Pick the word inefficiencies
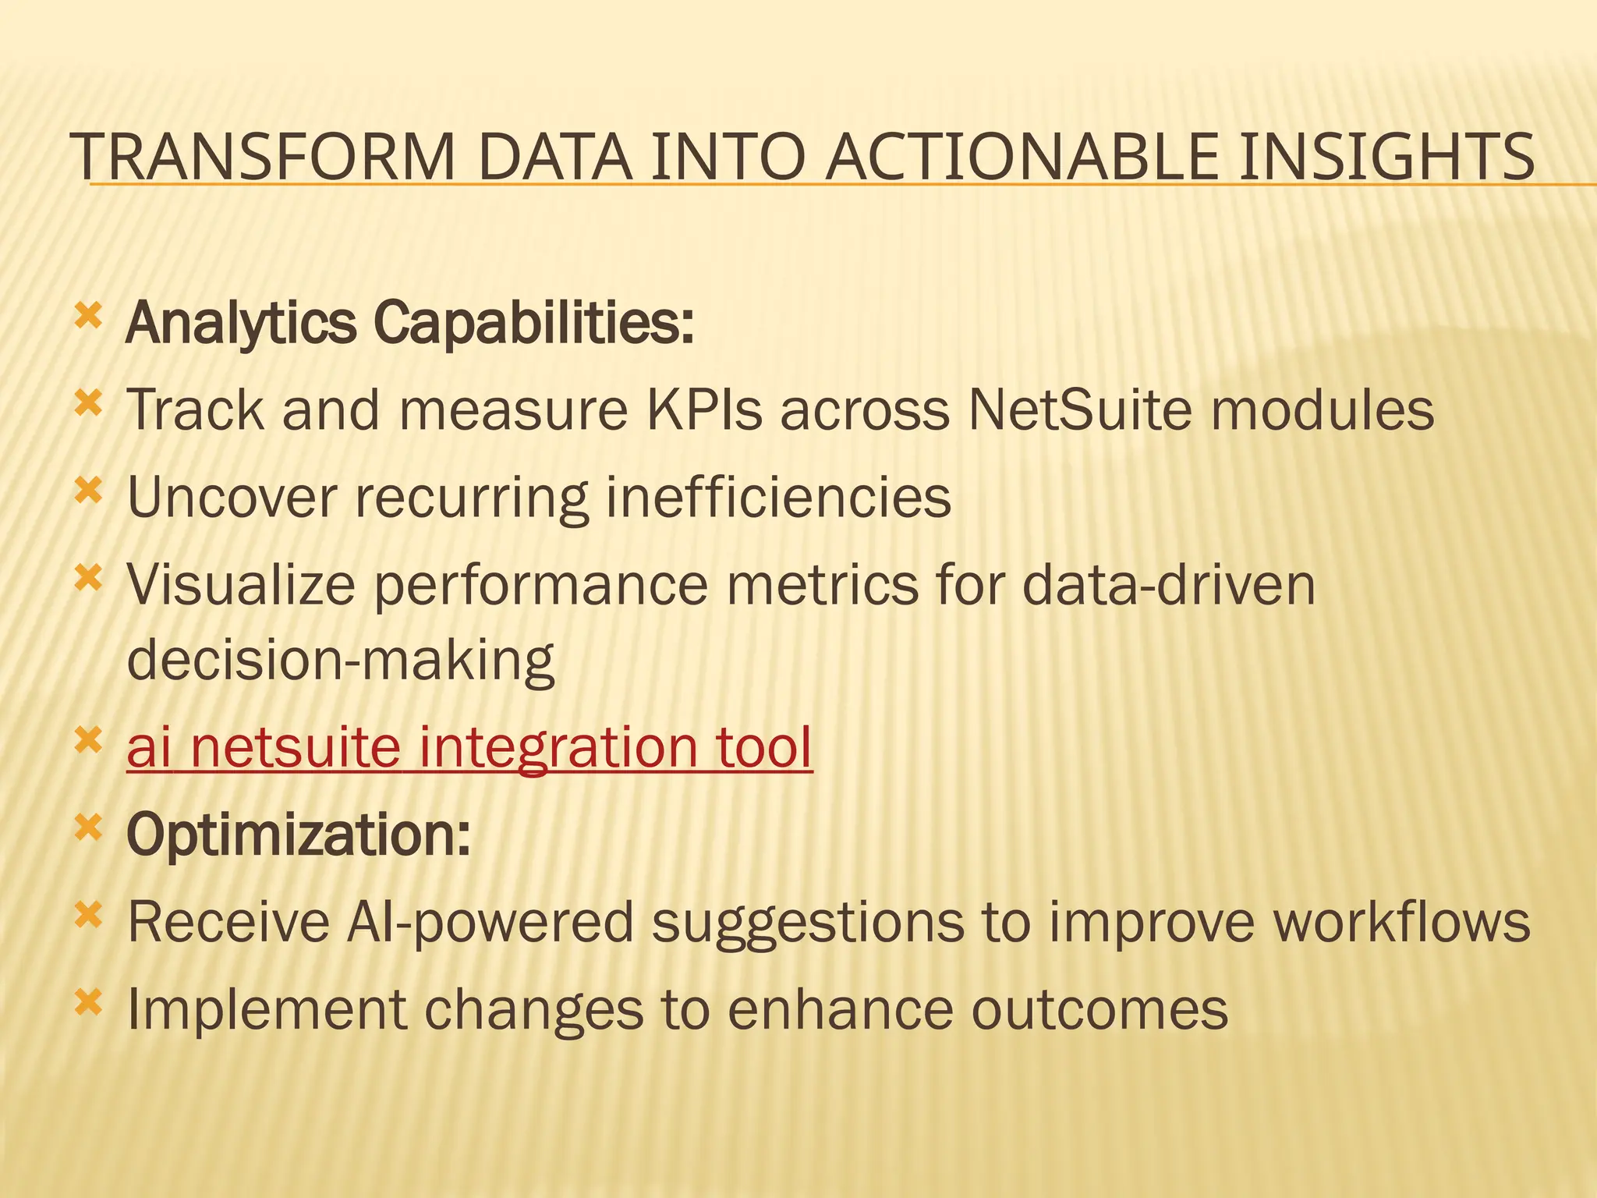[778, 496]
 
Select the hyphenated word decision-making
[341, 660]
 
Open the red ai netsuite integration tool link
[469, 746]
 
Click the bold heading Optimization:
[299, 834]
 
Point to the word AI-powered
[490, 922]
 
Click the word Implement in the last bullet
[267, 1008]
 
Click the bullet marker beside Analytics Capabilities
[88, 316]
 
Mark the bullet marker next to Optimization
[88, 828]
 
